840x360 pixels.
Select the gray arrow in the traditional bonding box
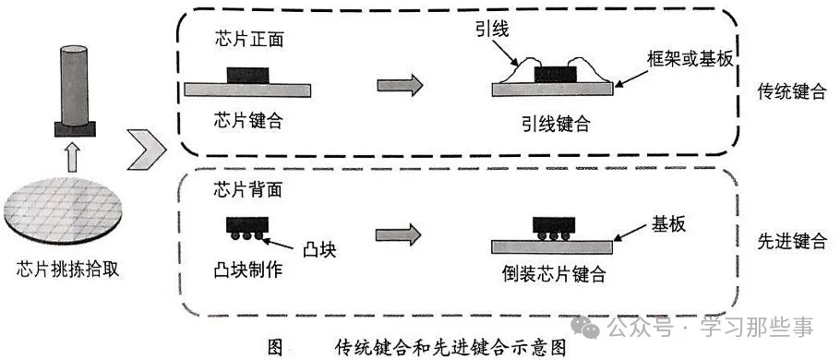click(x=400, y=85)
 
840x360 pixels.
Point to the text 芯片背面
click(x=237, y=190)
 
